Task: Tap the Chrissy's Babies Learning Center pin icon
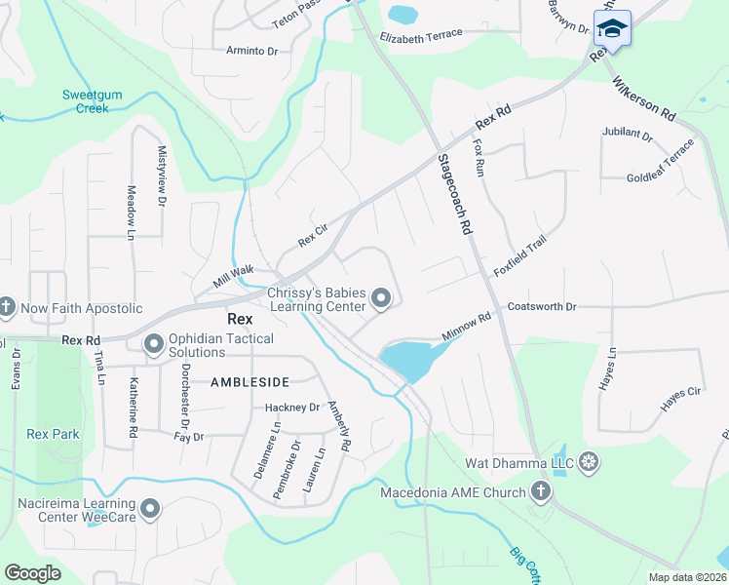coord(382,299)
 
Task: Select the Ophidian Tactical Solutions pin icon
coord(153,344)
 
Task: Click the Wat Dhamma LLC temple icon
coord(589,460)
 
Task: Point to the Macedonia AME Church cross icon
coord(541,492)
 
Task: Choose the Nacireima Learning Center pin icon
coord(150,508)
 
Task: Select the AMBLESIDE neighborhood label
coord(250,383)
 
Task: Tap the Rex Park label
coord(54,434)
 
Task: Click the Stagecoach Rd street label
coord(454,195)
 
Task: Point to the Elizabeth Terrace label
coord(421,37)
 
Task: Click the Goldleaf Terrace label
coord(662,162)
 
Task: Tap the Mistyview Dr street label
coord(162,176)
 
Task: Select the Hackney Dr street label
coord(292,408)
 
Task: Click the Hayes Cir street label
coord(680,398)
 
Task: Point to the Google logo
coord(33,573)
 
